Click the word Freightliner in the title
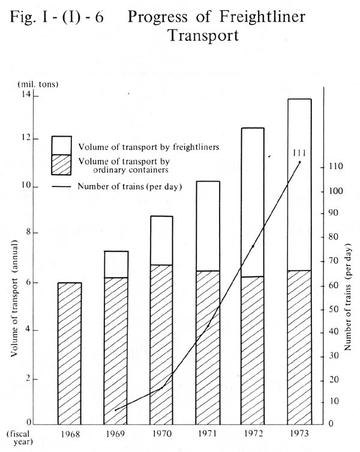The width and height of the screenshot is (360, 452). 262,16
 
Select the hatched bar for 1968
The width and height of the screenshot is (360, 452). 70,354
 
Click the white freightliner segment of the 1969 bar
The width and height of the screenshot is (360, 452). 116,264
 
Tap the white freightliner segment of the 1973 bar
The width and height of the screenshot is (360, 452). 299,185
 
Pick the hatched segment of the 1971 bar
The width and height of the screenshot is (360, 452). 208,347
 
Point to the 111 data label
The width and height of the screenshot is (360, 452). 299,153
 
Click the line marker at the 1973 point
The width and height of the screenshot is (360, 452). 300,162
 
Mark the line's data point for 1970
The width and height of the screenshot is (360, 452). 161,388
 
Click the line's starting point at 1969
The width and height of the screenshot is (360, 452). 116,410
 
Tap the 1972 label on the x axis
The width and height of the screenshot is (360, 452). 254,433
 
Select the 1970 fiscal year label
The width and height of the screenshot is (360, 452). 161,433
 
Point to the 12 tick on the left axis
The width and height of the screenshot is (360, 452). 26,138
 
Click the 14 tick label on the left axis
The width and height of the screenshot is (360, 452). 26,94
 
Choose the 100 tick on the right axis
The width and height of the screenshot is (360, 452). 336,191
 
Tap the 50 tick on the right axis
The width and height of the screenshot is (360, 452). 334,309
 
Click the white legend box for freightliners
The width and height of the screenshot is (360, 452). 61,145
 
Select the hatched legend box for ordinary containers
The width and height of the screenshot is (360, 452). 61,165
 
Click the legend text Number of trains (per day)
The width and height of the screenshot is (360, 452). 130,186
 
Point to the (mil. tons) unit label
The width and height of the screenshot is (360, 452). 38,84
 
